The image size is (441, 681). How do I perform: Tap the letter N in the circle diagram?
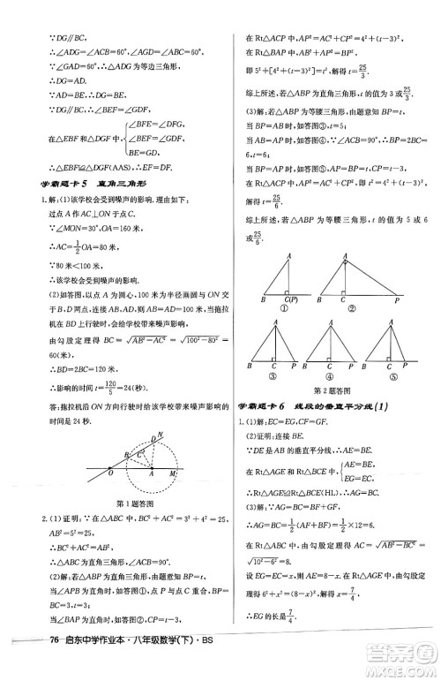coord(160,435)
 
